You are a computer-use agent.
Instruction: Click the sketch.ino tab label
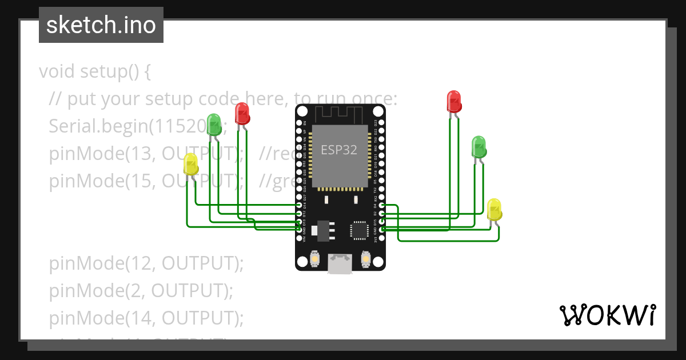tap(101, 25)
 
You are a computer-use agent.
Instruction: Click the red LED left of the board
tap(242, 113)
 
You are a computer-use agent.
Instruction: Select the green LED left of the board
tap(214, 124)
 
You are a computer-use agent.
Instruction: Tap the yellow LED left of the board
tap(191, 165)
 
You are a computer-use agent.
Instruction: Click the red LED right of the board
tap(454, 101)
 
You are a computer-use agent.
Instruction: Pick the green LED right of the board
tap(479, 147)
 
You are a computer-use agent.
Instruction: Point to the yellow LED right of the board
tap(494, 209)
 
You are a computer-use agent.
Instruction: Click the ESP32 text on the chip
tap(338, 150)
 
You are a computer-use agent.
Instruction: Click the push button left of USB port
tap(314, 259)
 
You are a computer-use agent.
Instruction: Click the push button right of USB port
tap(366, 259)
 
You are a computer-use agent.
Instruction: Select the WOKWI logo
tap(607, 315)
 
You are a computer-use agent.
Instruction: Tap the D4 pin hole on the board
tap(381, 205)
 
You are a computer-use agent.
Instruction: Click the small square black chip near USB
tap(359, 230)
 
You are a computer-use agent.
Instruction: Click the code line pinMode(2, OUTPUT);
tap(141, 290)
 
